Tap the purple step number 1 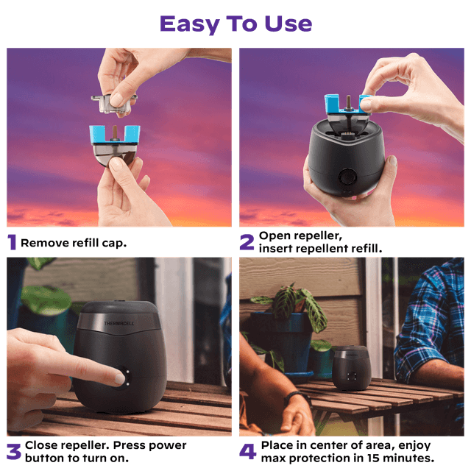click(x=12, y=242)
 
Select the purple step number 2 click(x=247, y=242)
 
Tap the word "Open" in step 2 click(x=273, y=236)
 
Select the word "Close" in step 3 click(x=40, y=445)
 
